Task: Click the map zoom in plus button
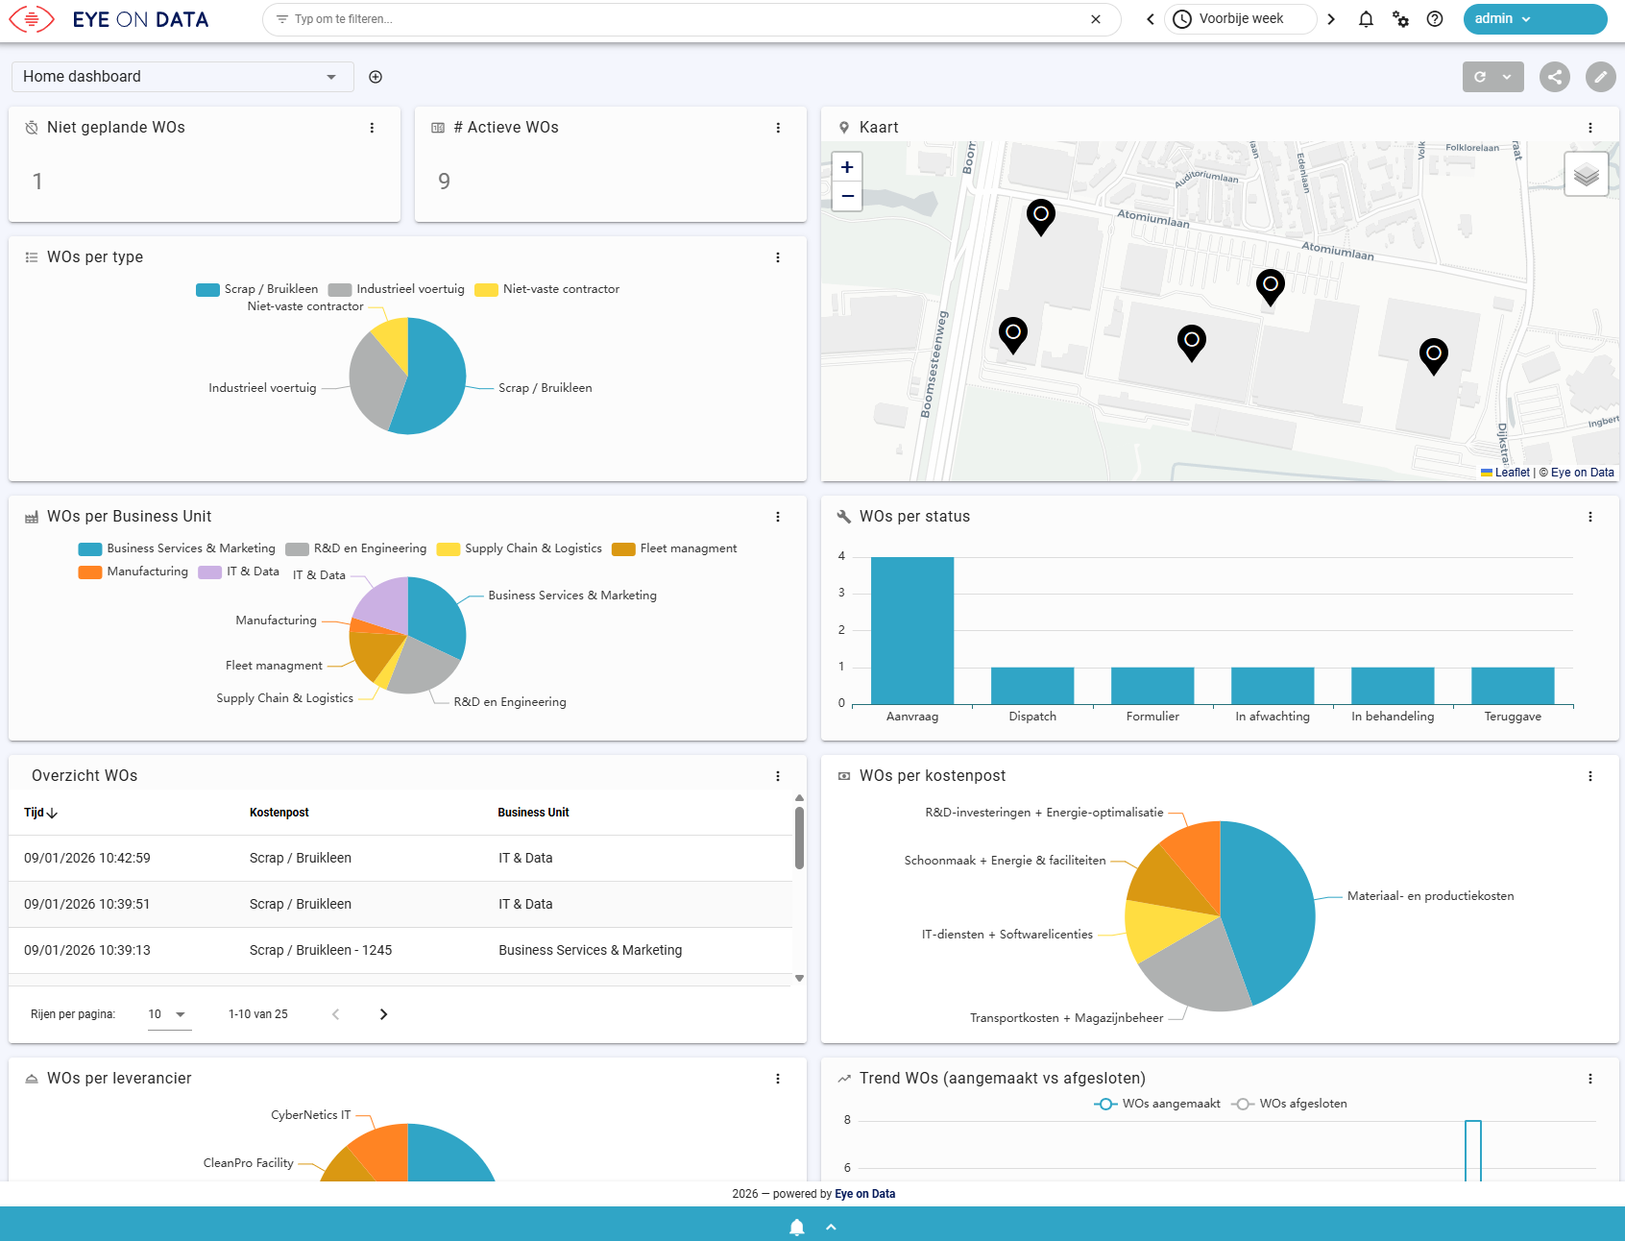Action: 847,167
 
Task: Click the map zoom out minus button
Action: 847,196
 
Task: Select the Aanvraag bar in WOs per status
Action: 912,630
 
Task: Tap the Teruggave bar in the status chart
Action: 1513,686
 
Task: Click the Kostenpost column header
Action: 279,813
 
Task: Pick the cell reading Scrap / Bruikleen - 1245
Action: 321,950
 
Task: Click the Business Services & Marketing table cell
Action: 591,950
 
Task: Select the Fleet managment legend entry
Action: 675,548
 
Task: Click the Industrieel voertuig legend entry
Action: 397,289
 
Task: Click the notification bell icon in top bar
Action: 1366,19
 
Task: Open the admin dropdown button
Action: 1535,19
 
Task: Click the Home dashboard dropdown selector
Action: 182,77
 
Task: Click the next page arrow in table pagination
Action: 383,1014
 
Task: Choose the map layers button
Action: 1587,175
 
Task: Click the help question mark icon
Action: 1435,19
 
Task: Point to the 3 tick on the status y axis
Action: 842,593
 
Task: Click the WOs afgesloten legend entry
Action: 1290,1104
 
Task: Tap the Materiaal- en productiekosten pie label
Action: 1430,896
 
